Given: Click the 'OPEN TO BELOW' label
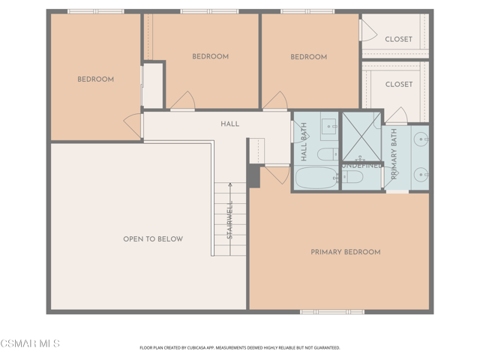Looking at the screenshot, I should (x=152, y=239).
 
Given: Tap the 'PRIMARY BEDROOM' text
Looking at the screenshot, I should (x=345, y=252).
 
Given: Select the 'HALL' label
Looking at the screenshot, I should (x=229, y=124).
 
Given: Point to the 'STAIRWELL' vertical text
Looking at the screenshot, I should (x=230, y=220).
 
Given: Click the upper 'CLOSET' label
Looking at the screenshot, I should (x=398, y=39).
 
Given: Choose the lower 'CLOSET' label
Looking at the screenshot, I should (x=398, y=85).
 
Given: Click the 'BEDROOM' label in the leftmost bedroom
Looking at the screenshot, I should (x=95, y=79).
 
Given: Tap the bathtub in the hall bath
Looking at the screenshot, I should (x=316, y=178).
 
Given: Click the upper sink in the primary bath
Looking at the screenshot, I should (x=422, y=138).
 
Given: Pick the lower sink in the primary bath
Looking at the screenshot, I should (x=422, y=175).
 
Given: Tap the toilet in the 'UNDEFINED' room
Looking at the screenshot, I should (x=352, y=177).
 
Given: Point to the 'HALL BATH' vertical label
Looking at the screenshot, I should (x=304, y=142).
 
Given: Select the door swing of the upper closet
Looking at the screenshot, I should (x=367, y=30).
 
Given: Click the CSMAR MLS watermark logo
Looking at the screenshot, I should (x=30, y=343).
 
